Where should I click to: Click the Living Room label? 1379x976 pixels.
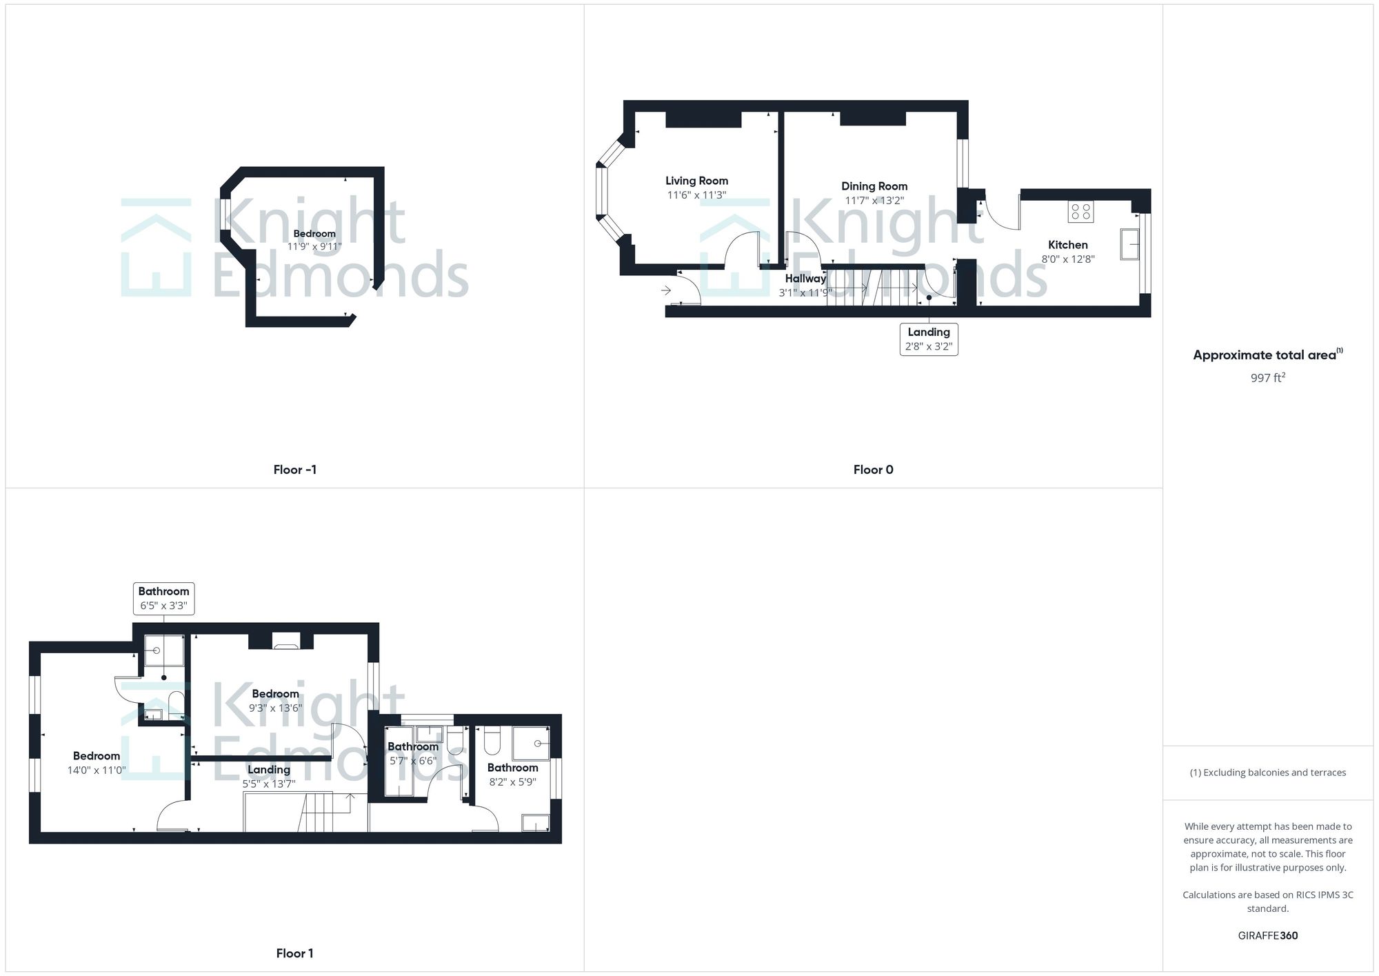[696, 181]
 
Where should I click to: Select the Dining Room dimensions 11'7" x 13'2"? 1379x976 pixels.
[874, 201]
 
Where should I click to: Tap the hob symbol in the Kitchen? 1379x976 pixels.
[1080, 212]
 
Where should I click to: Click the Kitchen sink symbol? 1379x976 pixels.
[1129, 244]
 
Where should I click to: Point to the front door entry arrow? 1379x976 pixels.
[666, 290]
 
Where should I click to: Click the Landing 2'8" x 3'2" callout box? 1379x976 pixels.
[929, 339]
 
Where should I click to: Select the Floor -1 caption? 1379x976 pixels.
[294, 470]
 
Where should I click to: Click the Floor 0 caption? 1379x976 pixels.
[873, 470]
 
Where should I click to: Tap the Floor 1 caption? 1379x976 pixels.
[294, 953]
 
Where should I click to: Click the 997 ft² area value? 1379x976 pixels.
[1267, 378]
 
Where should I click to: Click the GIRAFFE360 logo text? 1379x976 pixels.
[1267, 936]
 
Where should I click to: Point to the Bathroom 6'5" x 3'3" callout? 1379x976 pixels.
[163, 598]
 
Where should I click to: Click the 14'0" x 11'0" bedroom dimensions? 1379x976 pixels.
[97, 770]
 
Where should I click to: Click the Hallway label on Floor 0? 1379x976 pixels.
[805, 279]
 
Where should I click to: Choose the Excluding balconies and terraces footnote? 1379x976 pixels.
[1267, 773]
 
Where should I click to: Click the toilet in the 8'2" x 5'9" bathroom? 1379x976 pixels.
[492, 742]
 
